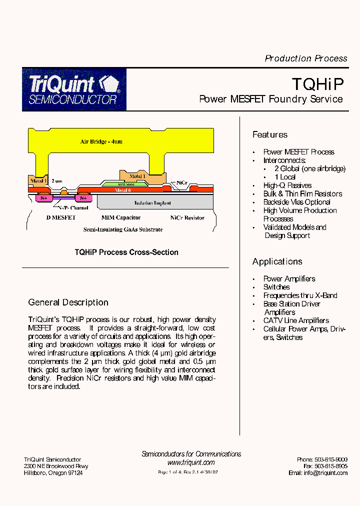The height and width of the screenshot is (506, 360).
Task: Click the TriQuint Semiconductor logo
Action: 74,89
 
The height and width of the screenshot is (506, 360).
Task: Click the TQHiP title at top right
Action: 317,82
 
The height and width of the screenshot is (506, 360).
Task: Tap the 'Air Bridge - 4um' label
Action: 101,141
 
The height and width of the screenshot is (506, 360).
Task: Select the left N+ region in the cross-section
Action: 43,198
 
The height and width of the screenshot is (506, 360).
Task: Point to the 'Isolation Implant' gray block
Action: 152,202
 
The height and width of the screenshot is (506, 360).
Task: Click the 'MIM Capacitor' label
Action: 121,217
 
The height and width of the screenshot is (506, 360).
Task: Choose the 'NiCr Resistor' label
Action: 187,217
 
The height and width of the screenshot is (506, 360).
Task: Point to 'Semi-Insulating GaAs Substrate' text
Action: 122,229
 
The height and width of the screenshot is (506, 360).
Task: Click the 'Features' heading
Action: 269,134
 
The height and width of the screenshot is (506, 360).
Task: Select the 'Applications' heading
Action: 277,261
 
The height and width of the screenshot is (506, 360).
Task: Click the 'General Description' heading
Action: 68,302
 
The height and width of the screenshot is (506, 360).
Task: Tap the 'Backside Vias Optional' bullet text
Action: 296,202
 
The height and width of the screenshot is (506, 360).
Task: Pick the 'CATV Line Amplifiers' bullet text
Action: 296,320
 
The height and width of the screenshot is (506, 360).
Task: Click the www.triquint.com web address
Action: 191,462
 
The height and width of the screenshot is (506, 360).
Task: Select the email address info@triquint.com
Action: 324,473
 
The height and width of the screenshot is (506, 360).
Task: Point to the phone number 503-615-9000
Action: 331,459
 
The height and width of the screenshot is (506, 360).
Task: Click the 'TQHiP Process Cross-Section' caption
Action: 126,252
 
